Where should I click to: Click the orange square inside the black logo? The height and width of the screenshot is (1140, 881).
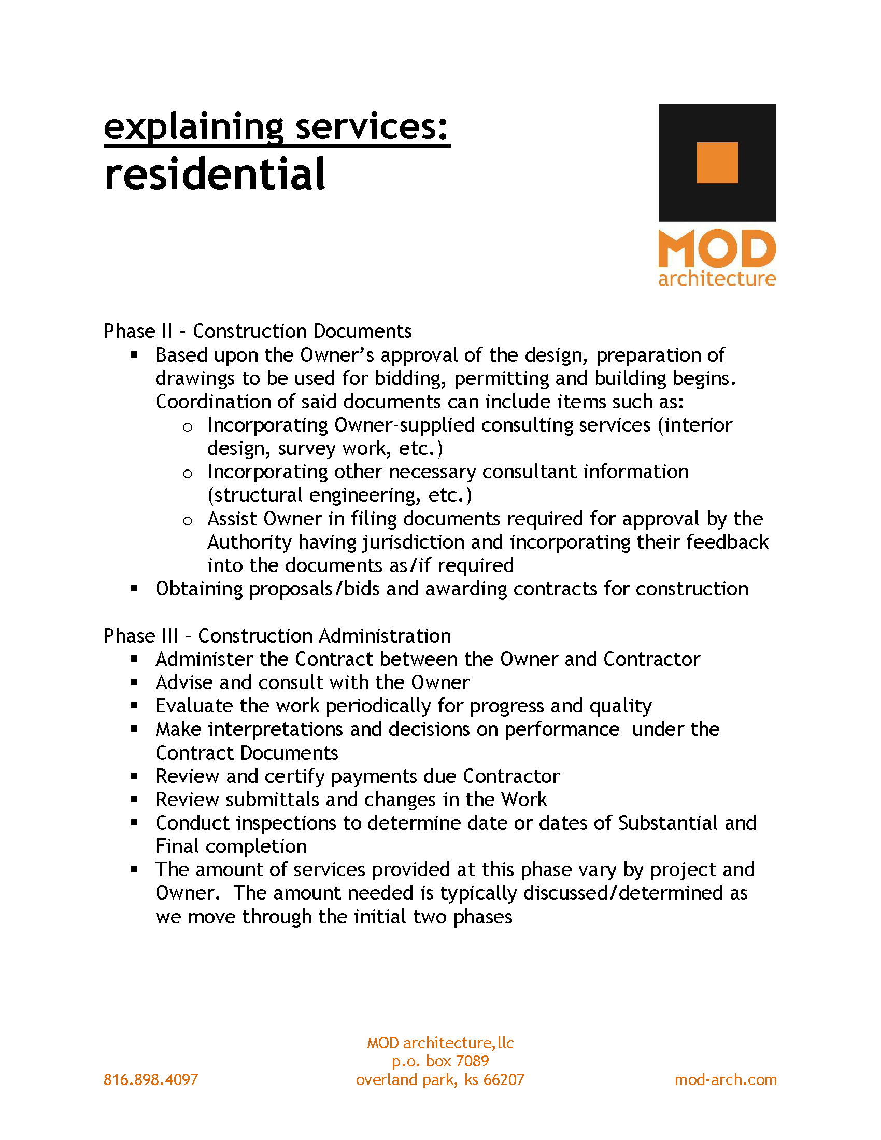click(717, 163)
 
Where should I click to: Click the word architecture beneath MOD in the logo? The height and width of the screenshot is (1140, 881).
click(717, 279)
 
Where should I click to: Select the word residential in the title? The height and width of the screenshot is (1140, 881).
click(215, 174)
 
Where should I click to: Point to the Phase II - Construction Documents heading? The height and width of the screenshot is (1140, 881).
click(258, 331)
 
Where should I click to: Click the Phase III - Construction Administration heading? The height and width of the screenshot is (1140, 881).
click(277, 636)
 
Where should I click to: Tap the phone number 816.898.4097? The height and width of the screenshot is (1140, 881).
click(151, 1079)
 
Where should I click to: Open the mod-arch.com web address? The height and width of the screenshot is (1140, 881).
click(726, 1079)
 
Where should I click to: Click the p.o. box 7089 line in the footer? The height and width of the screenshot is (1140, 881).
click(440, 1061)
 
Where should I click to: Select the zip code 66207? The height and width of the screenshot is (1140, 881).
click(504, 1079)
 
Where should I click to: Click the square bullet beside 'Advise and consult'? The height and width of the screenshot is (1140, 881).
click(134, 682)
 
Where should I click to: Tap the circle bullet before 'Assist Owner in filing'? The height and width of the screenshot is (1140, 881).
click(188, 520)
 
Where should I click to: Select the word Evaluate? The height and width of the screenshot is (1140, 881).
click(194, 706)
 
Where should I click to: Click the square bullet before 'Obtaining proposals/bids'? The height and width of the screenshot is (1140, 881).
click(134, 589)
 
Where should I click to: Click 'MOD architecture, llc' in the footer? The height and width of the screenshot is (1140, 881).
click(440, 1043)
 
